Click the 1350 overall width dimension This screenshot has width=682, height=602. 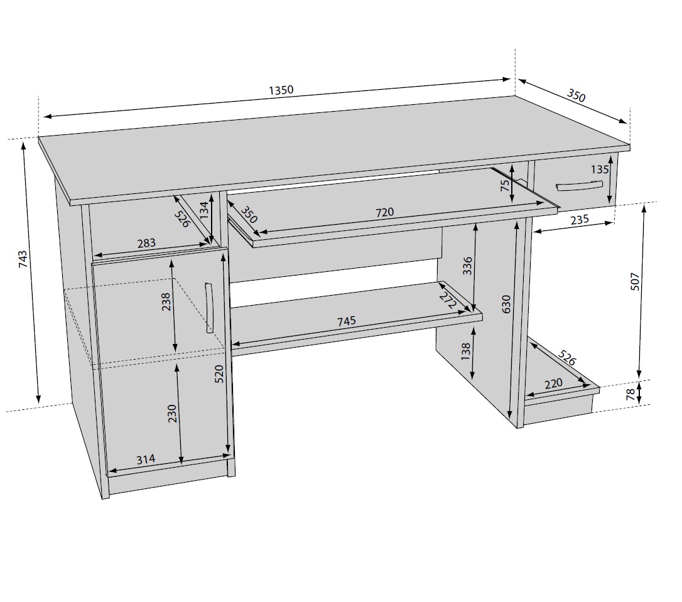point(281,90)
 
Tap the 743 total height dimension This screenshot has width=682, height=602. point(23,259)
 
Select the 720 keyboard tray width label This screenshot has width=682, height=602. point(384,212)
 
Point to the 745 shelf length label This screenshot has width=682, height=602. point(346,321)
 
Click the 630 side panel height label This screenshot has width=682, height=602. point(506,304)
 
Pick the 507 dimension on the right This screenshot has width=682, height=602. point(635,281)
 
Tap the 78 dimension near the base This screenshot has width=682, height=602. point(630,394)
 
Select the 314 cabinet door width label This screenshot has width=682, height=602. point(146,459)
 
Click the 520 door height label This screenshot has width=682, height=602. point(219,374)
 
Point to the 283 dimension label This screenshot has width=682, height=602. point(146,243)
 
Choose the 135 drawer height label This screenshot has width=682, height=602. point(600,169)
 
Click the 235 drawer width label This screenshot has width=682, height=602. point(580,220)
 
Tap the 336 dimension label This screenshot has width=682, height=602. point(467,266)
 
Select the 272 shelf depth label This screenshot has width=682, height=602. point(448,300)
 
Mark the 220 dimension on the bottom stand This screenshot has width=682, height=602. point(553,384)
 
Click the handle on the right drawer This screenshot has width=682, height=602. point(579,186)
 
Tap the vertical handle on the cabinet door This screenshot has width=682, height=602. point(208,308)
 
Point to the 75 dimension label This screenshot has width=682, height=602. point(504,186)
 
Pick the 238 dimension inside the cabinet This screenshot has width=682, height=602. point(166,302)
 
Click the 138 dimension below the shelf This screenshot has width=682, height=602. point(465,351)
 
